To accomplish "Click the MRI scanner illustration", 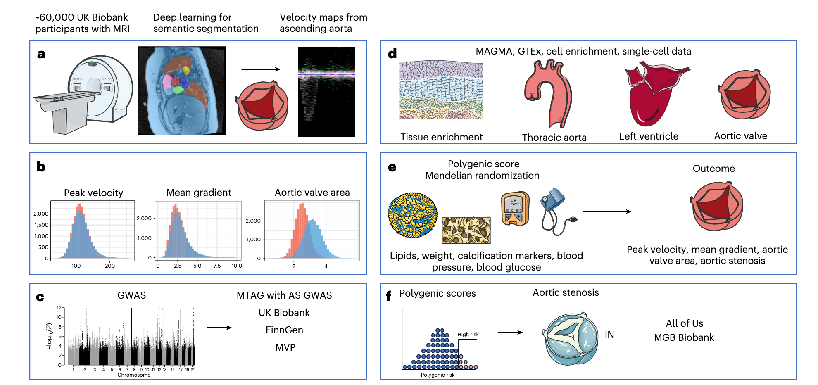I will (x=83, y=95).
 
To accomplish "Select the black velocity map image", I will (x=326, y=92).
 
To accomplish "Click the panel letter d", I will (x=392, y=54).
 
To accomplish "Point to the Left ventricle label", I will (x=649, y=136).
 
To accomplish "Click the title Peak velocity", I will (x=93, y=193).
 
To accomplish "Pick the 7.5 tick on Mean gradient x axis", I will (x=217, y=266).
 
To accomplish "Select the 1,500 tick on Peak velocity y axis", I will (x=41, y=225).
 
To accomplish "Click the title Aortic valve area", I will (x=312, y=192).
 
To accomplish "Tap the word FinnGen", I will (x=284, y=330).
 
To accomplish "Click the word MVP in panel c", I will (x=285, y=347).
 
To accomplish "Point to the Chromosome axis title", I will (x=134, y=375).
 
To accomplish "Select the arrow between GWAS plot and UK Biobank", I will (x=219, y=328).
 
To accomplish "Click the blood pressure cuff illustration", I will (x=556, y=211).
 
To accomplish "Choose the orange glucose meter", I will (x=515, y=209).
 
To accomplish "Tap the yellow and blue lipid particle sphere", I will (x=413, y=215).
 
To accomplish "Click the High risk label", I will (x=468, y=335).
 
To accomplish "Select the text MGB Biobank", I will (x=684, y=337).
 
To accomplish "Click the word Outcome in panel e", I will (x=713, y=169).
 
